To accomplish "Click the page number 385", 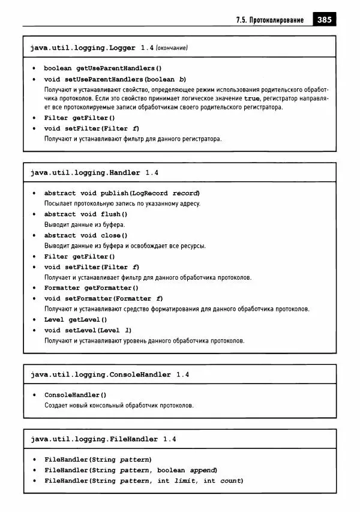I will pos(325,20).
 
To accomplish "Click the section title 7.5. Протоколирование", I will pos(271,20).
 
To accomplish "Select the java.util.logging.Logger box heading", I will pos(83,47).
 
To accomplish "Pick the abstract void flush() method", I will pos(86,214).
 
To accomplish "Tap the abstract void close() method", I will pos(86,235).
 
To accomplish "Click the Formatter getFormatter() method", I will pos(91,288).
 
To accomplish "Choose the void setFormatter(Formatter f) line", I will pos(103,298).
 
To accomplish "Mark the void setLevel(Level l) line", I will pos(88,330).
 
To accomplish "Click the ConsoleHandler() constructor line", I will pos(76,395).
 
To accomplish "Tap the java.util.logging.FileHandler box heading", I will pos(95,439).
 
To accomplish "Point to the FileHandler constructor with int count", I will pos(143,481).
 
